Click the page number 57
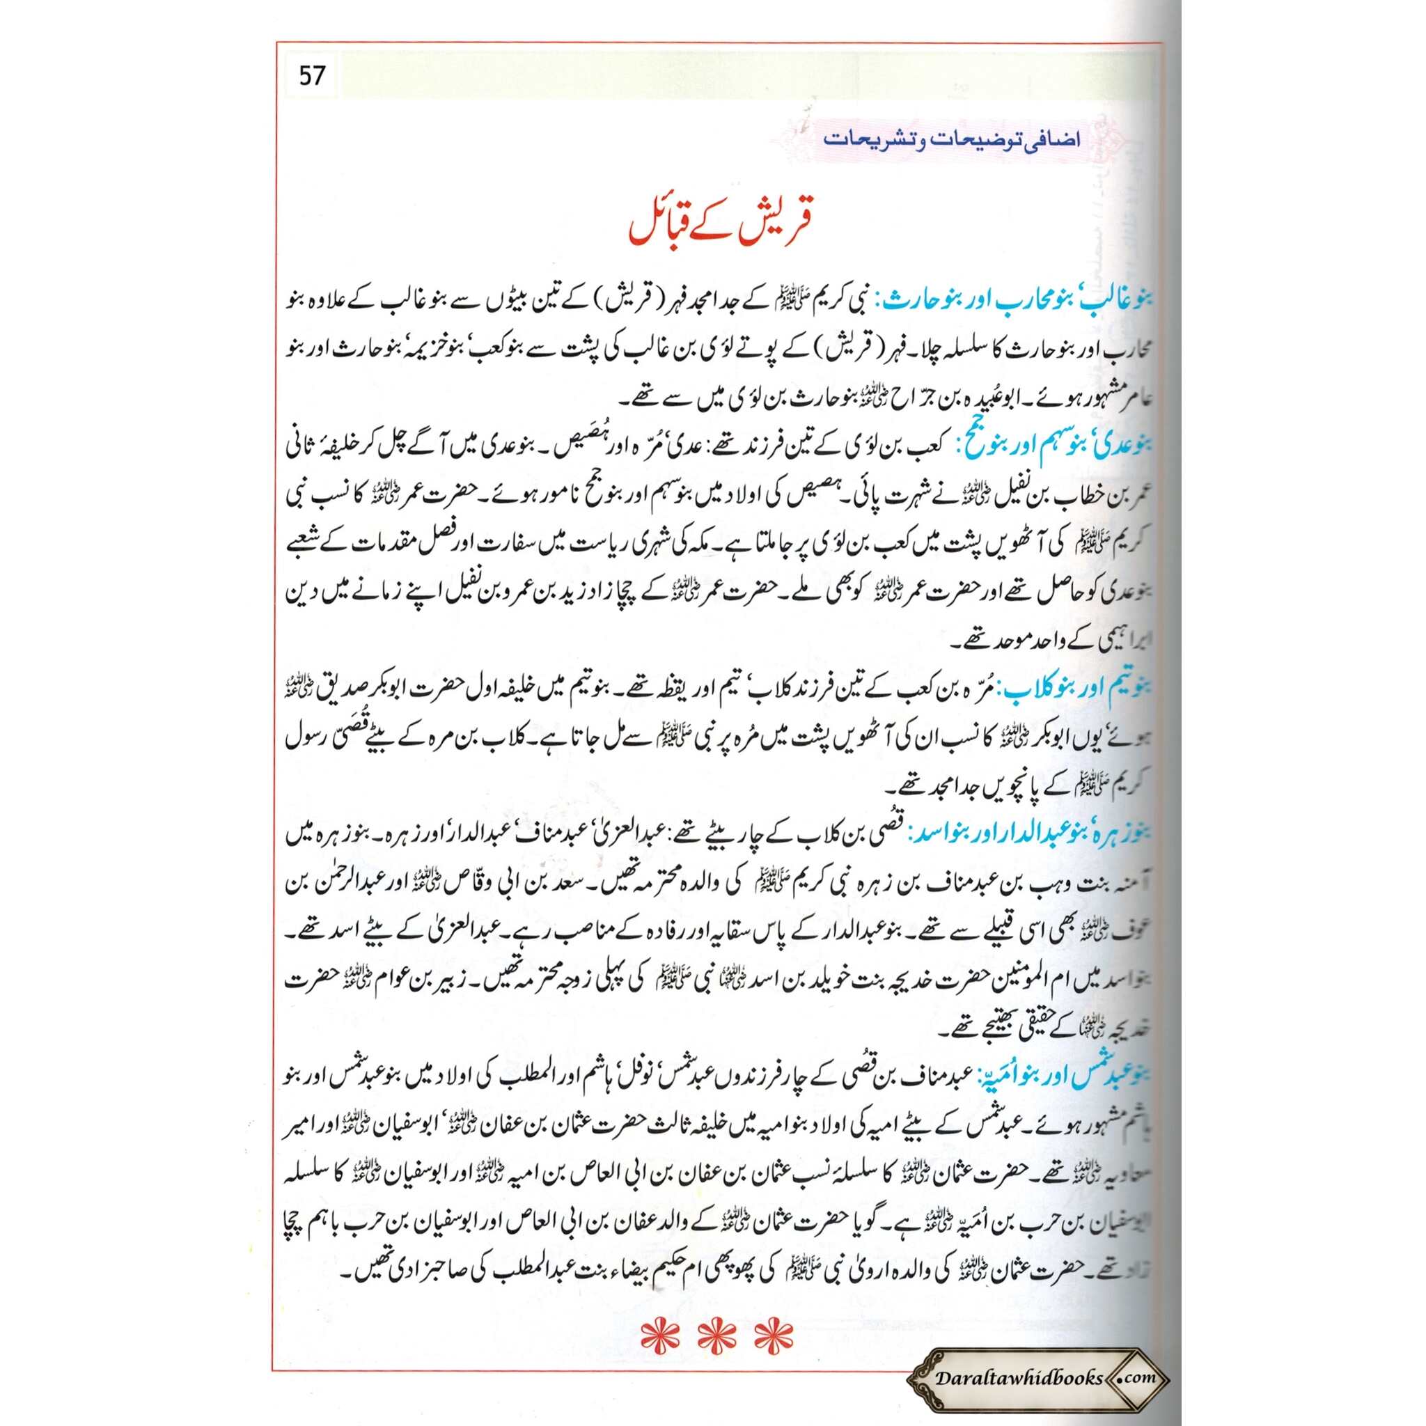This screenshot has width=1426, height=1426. click(311, 76)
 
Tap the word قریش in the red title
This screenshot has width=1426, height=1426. click(779, 230)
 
